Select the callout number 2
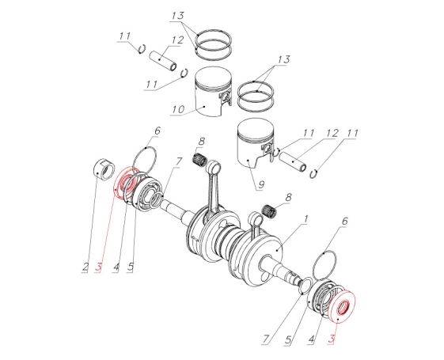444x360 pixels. click(85, 267)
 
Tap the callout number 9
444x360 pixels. click(261, 184)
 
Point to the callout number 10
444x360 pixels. click(178, 109)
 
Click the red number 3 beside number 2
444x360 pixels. click(98, 267)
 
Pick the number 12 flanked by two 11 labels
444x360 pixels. click(332, 133)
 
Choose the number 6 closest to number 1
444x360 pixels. click(344, 222)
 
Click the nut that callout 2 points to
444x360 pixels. click(104, 169)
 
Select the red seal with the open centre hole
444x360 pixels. click(342, 307)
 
